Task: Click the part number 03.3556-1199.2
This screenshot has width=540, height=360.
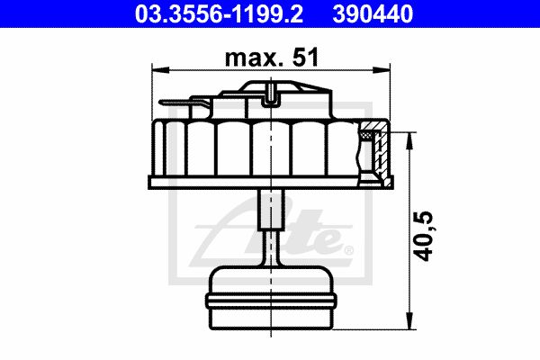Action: pyautogui.click(x=219, y=14)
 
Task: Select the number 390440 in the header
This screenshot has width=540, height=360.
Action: pyautogui.click(x=373, y=14)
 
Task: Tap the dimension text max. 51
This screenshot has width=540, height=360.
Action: pyautogui.click(x=272, y=58)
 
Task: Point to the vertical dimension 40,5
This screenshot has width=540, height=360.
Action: pyautogui.click(x=423, y=236)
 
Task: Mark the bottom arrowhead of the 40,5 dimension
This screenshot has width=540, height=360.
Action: pyautogui.click(x=409, y=320)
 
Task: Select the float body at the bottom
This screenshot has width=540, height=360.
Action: pyautogui.click(x=272, y=298)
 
